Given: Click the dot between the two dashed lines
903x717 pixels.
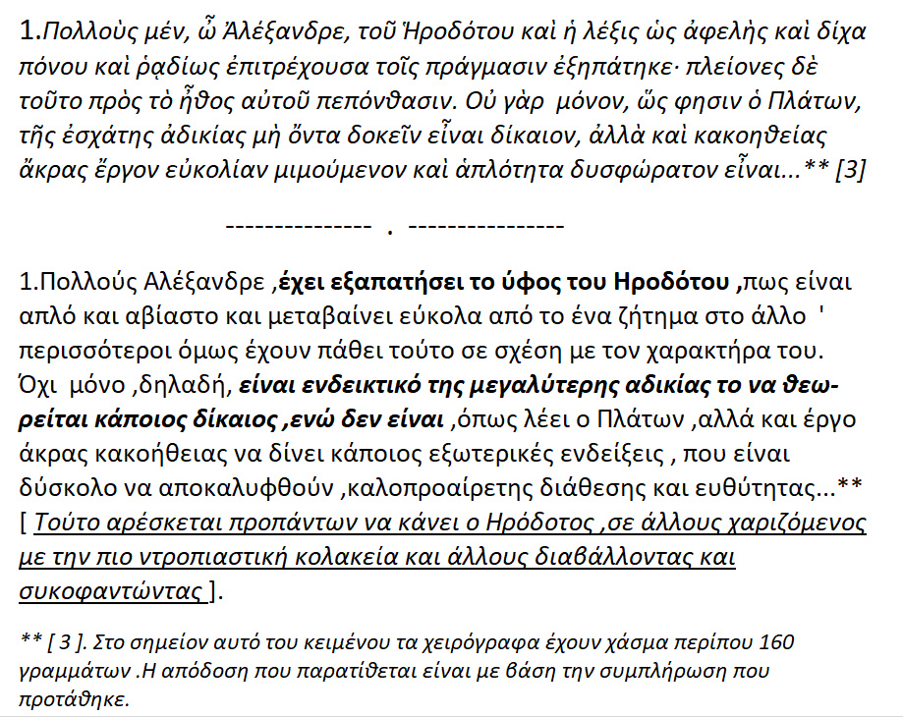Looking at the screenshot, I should pos(390,232).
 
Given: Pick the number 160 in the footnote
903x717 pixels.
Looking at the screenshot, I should pos(774,642).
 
